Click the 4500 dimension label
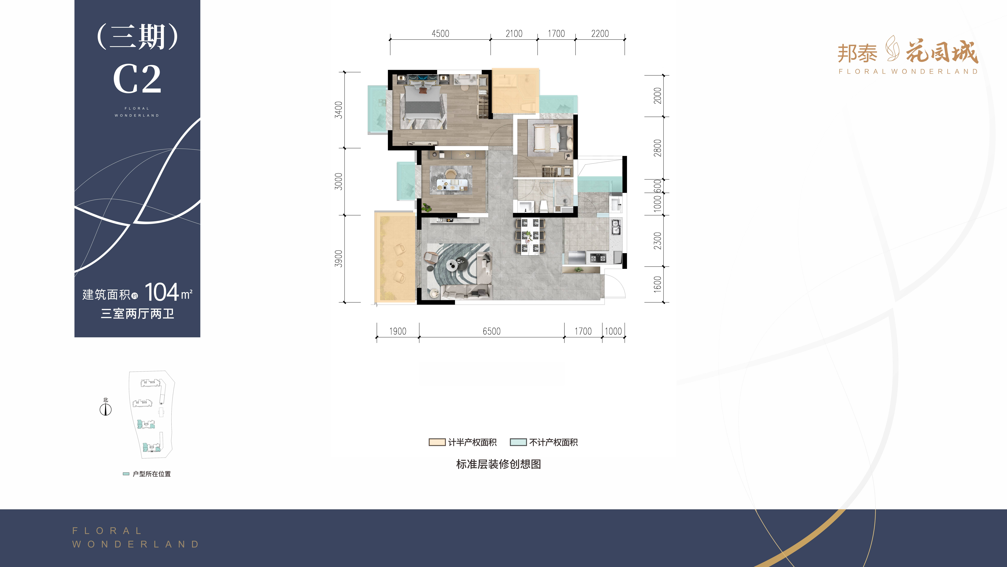(440, 34)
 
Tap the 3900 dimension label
(339, 259)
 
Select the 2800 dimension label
(657, 148)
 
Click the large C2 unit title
(137, 79)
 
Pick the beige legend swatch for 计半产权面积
(437, 442)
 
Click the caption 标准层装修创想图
(498, 464)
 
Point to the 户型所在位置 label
(152, 474)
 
